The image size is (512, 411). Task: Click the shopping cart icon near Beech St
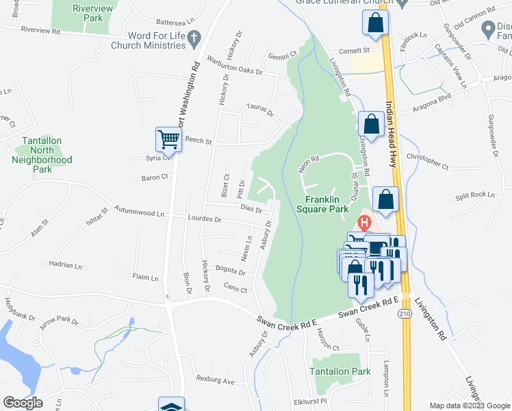coord(168,139)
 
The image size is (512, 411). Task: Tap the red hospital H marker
coord(365,223)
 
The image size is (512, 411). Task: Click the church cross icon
coord(194,40)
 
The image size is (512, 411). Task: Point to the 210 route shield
coord(404,314)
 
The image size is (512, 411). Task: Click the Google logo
coord(23,402)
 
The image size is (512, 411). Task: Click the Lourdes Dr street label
coord(204,219)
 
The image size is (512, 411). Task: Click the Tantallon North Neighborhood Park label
coord(42,155)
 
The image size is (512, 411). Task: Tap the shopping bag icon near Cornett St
coord(376,23)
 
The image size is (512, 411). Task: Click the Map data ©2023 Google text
coord(469,406)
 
